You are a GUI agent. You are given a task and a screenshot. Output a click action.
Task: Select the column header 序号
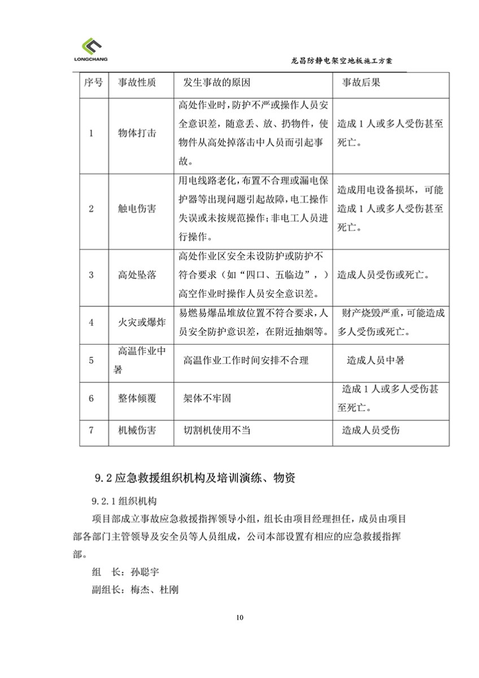coord(93,82)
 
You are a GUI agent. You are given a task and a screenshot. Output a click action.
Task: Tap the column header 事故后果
coord(362,82)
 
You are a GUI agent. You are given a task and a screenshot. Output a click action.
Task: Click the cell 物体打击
coord(137,134)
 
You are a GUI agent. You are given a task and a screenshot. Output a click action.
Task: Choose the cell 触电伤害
coord(137,208)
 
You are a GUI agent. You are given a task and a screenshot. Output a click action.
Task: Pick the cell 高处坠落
coord(137,276)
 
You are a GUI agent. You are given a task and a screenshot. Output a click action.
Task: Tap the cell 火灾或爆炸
coord(137,323)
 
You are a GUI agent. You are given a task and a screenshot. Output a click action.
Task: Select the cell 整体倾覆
coord(137,398)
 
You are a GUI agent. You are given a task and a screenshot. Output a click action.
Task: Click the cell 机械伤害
coord(137,431)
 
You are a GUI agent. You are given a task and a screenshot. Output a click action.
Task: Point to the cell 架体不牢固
coord(207,398)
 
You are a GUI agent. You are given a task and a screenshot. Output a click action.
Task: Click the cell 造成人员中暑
coord(375,360)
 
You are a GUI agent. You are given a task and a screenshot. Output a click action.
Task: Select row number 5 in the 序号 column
coord(92,360)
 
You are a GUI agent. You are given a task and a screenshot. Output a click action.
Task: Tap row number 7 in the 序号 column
coord(92,431)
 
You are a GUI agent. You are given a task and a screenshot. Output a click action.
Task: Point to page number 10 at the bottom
coord(239,616)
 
